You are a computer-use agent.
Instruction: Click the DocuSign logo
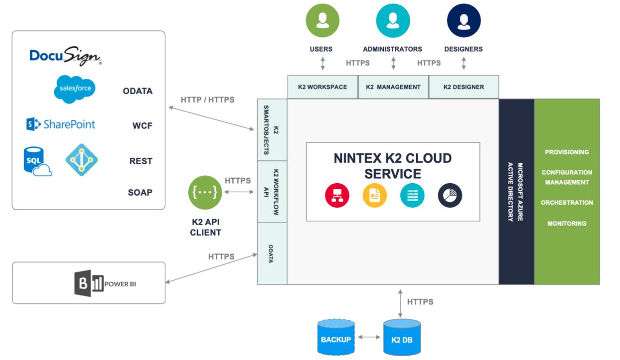65,56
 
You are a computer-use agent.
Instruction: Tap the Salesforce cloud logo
75,89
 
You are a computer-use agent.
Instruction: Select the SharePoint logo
61,124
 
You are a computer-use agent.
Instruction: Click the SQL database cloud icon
37,161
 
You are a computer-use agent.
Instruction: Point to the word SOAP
140,192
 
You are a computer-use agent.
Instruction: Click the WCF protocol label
142,126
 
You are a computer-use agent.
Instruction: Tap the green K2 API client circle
205,192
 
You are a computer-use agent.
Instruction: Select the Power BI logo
105,283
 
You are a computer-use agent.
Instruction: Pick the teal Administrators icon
393,20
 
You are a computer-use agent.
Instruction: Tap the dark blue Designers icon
464,20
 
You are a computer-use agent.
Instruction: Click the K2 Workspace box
323,87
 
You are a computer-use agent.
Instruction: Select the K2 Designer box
464,87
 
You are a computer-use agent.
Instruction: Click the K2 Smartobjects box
272,130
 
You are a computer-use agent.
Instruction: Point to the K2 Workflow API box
272,192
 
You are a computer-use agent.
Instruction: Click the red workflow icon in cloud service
337,195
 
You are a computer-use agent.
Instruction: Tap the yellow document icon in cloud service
375,195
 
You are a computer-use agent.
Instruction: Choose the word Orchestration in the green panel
567,202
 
